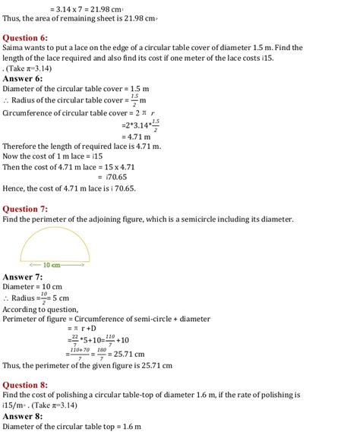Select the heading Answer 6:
(22, 78)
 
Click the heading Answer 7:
(22, 277)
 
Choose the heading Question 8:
(25, 384)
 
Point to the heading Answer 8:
(22, 416)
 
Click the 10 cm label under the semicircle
(51, 265)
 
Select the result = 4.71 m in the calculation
(137, 137)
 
